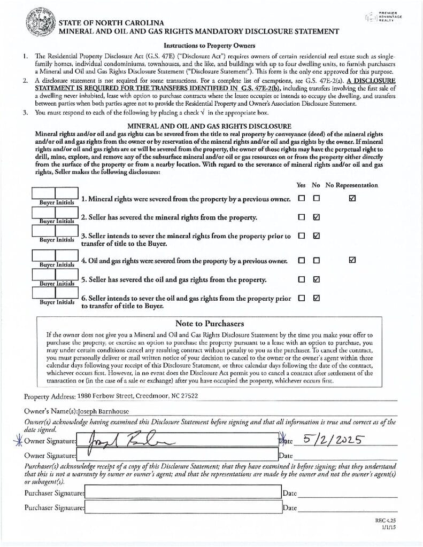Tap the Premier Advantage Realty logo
coord(382,17)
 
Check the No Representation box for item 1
coord(351,199)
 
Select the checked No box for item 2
coord(316,217)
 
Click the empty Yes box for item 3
coord(302,236)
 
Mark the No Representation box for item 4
coord(351,260)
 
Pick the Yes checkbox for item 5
coord(302,279)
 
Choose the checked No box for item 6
coord(316,298)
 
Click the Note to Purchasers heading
coord(209,323)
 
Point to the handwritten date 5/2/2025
coord(334,440)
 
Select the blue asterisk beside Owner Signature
coord(18,440)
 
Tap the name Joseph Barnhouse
coord(103,412)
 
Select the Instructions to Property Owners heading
coord(209,45)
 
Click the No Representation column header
coord(351,185)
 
